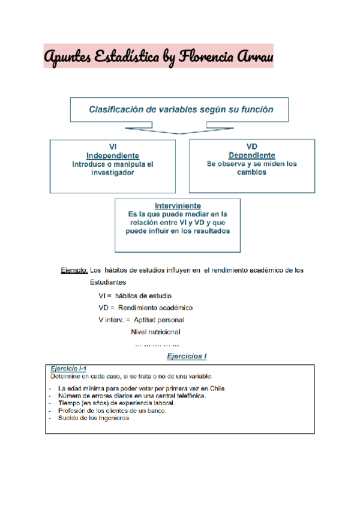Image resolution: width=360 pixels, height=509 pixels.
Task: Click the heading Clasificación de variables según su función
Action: point(181,110)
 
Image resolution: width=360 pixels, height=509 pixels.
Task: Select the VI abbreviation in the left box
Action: point(113,146)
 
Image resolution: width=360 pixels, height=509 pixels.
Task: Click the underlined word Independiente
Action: point(113,155)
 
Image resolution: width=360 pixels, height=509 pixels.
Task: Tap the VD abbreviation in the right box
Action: point(252,146)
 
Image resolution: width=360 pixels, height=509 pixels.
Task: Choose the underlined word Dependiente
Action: point(252,155)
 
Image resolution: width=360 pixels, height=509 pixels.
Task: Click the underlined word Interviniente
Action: point(178,205)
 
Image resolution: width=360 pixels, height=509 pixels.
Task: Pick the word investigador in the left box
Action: point(113,172)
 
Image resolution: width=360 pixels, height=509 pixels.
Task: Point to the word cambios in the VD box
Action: point(252,172)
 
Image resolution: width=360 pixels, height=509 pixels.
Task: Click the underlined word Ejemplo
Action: point(74,270)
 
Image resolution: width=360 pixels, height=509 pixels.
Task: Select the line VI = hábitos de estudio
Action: point(135,295)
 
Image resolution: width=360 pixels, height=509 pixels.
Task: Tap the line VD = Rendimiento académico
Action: point(146,307)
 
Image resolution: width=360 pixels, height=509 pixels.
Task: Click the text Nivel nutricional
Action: point(155,331)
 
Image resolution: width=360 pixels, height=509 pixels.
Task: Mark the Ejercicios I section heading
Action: point(187,357)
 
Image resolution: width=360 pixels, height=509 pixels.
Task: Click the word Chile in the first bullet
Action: point(217,388)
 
